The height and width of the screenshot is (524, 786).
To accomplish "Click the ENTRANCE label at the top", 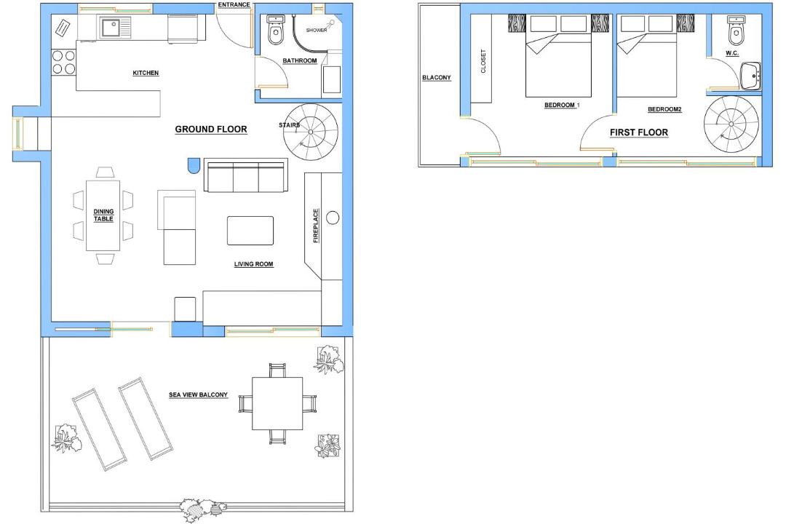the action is pyautogui.click(x=234, y=4).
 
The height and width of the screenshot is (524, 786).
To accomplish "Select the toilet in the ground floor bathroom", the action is pyautogui.click(x=275, y=31).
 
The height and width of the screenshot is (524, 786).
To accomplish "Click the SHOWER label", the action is pyautogui.click(x=317, y=30).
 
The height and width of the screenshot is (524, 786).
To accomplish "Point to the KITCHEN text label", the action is pyautogui.click(x=146, y=73).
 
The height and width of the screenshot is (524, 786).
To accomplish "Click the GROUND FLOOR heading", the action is pyautogui.click(x=211, y=129).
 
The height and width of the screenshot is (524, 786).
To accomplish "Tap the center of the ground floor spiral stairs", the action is pyautogui.click(x=310, y=132).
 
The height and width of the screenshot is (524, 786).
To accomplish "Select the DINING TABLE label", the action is pyautogui.click(x=103, y=215).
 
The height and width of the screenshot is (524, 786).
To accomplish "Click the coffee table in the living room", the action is pyautogui.click(x=250, y=231).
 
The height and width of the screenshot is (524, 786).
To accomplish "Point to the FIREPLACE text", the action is pyautogui.click(x=316, y=226).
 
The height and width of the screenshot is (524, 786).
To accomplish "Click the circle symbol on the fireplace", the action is pyautogui.click(x=333, y=218).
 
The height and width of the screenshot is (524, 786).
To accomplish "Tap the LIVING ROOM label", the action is pyautogui.click(x=254, y=263).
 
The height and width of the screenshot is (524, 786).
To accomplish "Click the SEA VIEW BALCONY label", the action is pyautogui.click(x=198, y=394).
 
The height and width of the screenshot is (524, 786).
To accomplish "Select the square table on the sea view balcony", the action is pyautogui.click(x=277, y=404).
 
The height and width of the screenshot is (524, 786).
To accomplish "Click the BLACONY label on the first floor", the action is pyautogui.click(x=437, y=77).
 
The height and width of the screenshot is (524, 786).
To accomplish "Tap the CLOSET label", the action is pyautogui.click(x=483, y=61).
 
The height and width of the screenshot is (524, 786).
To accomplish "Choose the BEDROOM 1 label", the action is pyautogui.click(x=562, y=105).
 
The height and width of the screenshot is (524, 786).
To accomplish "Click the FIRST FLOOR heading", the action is pyautogui.click(x=639, y=132).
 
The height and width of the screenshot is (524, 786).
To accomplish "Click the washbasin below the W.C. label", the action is pyautogui.click(x=750, y=76).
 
